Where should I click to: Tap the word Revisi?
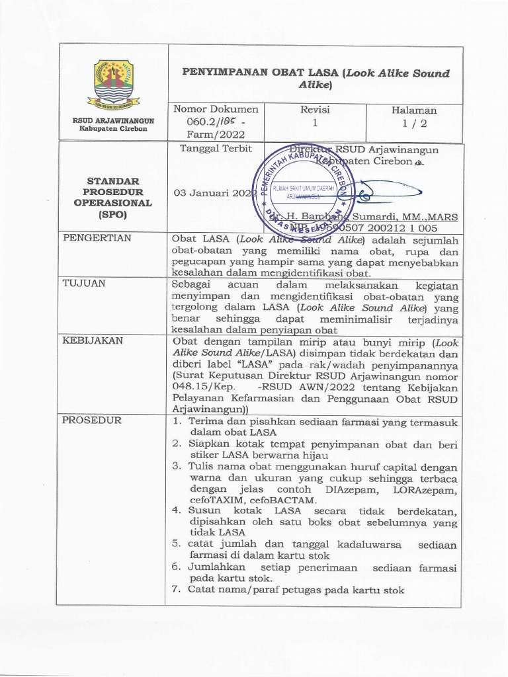[315, 110]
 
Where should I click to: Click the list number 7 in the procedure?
[176, 590]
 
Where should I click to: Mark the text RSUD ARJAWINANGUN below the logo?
[113, 121]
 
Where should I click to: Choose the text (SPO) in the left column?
[113, 216]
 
